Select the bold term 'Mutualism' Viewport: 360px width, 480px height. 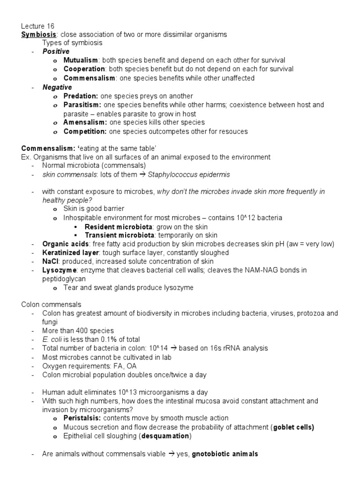click(x=81, y=60)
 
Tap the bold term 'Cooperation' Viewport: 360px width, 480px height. click(x=84, y=69)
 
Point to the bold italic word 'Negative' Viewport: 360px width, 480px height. click(x=57, y=87)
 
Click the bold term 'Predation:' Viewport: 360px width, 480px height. click(x=81, y=96)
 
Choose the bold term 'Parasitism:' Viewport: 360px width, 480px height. click(x=82, y=105)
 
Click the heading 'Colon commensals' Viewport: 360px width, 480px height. click(x=51, y=304)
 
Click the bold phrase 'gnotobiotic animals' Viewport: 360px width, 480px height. click(x=225, y=454)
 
